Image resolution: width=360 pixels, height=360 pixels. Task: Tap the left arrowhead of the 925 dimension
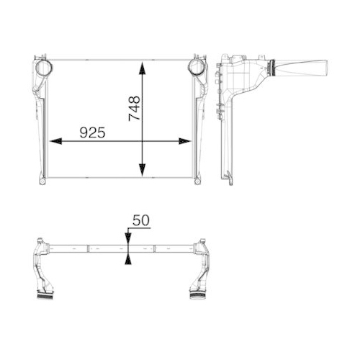click(52, 141)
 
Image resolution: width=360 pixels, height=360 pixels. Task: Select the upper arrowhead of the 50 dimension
click(127, 241)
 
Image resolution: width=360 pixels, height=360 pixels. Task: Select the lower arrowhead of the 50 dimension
click(127, 258)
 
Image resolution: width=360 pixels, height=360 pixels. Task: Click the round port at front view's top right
click(195, 68)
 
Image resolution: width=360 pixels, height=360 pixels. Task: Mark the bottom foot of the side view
click(230, 176)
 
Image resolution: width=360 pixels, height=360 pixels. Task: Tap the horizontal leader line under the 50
click(137, 230)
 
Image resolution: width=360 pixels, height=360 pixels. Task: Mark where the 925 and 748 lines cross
click(144, 141)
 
